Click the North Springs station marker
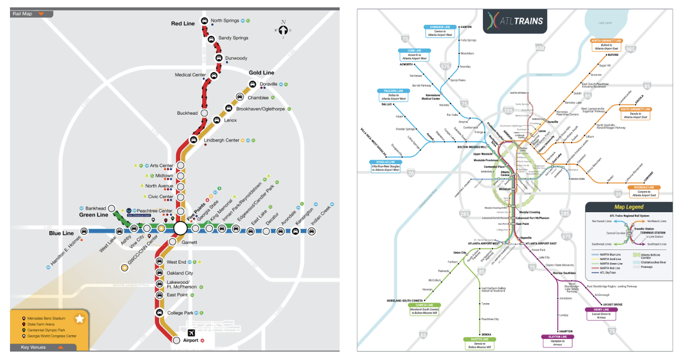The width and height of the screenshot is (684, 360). (x=205, y=22)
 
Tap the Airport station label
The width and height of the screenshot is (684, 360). (x=190, y=341)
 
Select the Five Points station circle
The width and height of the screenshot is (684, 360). (x=180, y=228)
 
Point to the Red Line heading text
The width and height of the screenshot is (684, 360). (x=183, y=24)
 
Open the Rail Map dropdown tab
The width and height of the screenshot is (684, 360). (x=32, y=14)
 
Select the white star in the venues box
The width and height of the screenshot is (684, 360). (x=80, y=319)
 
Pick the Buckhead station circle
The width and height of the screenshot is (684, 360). (x=204, y=113)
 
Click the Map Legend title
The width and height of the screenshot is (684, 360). (x=629, y=207)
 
